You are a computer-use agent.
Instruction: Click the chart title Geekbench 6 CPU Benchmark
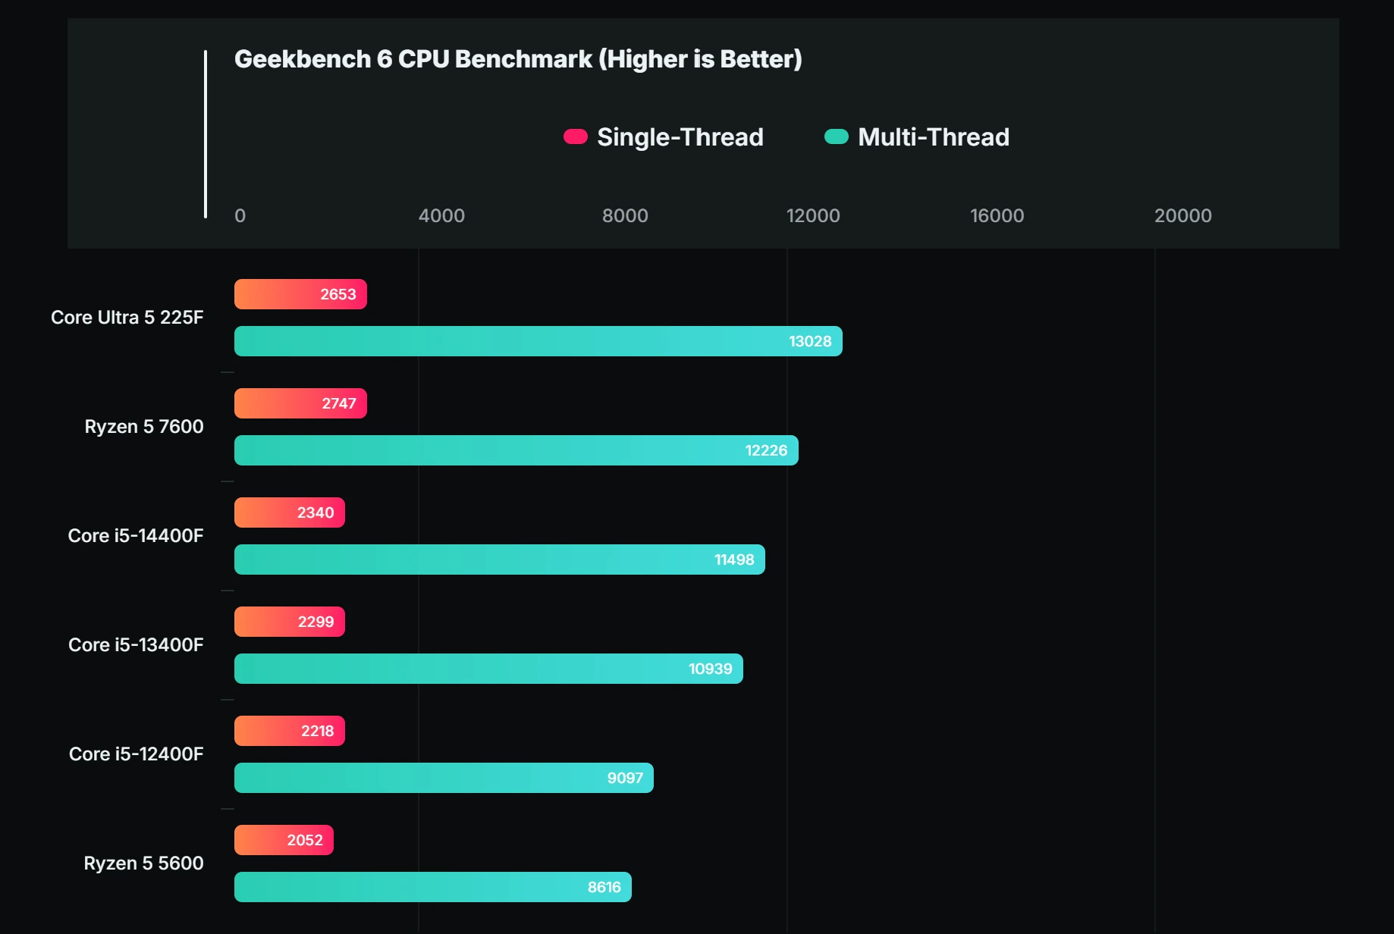point(517,59)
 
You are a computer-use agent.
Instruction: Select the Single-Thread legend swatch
point(576,136)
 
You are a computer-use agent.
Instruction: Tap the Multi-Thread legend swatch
point(836,136)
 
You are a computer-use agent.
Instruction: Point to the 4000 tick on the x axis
point(441,216)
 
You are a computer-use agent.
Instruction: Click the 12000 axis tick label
point(812,216)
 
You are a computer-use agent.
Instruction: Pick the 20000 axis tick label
point(1182,216)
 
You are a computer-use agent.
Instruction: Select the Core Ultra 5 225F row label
point(127,318)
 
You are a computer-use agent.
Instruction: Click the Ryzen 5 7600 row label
point(143,427)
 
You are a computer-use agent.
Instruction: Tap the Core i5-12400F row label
point(136,754)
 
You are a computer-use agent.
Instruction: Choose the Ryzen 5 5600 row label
point(143,863)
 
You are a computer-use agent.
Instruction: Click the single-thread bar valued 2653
point(300,294)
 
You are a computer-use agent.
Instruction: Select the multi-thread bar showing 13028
point(538,341)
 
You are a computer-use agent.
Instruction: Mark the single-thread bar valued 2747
point(300,403)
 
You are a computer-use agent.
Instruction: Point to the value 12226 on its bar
point(766,450)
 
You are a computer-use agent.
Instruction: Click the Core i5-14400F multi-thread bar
point(499,559)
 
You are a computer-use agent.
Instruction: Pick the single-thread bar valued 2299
point(289,622)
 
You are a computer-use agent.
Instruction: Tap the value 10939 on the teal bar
point(710,669)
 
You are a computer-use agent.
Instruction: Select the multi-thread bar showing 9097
point(444,778)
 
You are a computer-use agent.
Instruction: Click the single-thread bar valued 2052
point(284,840)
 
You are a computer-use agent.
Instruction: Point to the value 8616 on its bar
point(604,887)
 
